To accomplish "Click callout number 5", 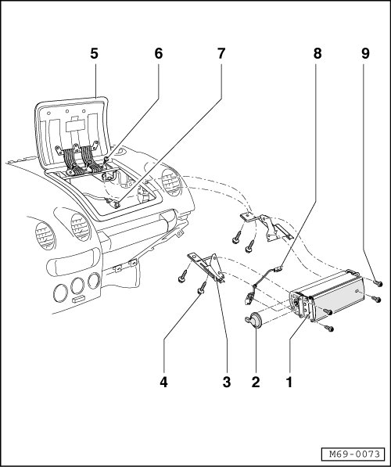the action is click(94, 54).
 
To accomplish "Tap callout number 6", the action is click(159, 54).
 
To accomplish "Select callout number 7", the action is click(221, 54).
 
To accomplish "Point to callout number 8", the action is click(317, 54).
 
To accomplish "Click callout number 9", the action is click(365, 54).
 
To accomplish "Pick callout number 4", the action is click(163, 382).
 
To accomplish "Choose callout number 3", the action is click(227, 382).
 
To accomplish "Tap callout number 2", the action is click(256, 382).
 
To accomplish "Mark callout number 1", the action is click(289, 382).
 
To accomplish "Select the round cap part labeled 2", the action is click(253, 321).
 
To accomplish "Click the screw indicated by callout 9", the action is click(378, 283).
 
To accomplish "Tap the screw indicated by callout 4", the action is click(202, 288).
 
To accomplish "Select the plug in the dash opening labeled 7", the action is click(115, 203).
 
